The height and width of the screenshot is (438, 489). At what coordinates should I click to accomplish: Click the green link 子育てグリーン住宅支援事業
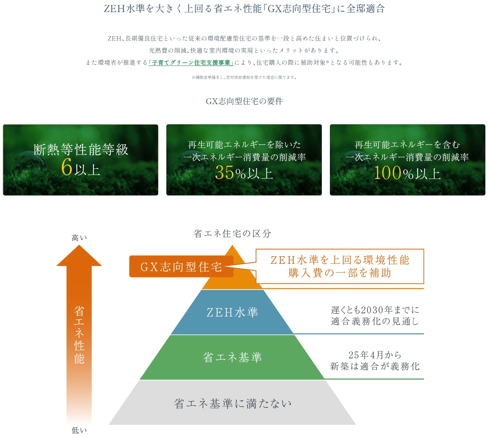(191, 63)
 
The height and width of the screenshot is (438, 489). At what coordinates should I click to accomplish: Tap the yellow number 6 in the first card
(66, 167)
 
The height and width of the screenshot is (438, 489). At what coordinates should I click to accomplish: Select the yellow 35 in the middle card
(224, 173)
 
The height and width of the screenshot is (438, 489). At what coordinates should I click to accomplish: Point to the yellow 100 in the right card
(387, 173)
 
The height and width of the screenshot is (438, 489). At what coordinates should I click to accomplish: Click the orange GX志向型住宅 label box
(181, 267)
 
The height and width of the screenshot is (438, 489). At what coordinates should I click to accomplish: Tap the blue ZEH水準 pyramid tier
(232, 312)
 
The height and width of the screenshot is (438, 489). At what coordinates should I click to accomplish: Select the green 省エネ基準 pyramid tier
(232, 357)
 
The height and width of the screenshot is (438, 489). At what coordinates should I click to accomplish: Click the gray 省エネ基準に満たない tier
(232, 403)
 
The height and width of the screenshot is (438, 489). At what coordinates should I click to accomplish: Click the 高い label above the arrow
(79, 238)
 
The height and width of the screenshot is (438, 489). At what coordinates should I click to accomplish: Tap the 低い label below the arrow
(79, 431)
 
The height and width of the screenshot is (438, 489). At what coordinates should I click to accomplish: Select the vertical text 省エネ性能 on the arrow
(79, 335)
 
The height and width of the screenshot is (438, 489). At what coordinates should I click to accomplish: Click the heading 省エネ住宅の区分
(232, 234)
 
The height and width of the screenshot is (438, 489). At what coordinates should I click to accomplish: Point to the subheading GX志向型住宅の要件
(244, 101)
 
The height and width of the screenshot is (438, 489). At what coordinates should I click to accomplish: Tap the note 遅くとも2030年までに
(375, 310)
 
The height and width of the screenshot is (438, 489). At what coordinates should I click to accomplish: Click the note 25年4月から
(375, 355)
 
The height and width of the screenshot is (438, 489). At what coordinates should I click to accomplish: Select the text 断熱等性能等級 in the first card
(81, 150)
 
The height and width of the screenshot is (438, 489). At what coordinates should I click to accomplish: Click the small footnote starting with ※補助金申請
(244, 77)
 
